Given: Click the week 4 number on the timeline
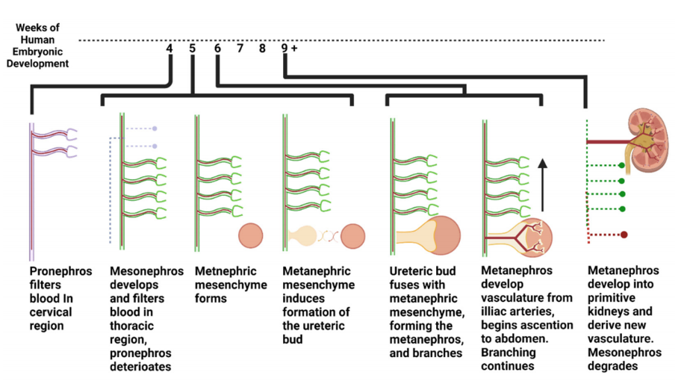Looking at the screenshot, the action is tap(170, 49).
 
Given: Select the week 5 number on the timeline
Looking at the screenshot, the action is tap(193, 49).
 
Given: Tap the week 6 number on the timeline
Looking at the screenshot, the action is tap(217, 49).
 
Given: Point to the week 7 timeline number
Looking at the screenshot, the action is tap(240, 49).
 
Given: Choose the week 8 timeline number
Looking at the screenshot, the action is tap(262, 49).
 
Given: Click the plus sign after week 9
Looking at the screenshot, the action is tap(294, 49).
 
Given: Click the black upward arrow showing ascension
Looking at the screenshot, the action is tap(542, 185).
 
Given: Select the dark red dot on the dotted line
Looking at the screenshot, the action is tap(624, 235).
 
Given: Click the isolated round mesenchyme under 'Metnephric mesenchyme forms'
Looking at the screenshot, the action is tap(251, 235).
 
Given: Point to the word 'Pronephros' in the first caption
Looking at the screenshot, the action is tap(61, 271).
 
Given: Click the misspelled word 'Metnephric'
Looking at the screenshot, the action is tap(226, 271).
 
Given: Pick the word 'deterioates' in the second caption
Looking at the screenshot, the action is tap(140, 367).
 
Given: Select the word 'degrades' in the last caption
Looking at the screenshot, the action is tap(612, 366).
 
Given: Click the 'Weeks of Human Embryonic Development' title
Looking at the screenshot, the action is tap(37, 46).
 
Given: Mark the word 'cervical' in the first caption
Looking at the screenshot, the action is tap(51, 312).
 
